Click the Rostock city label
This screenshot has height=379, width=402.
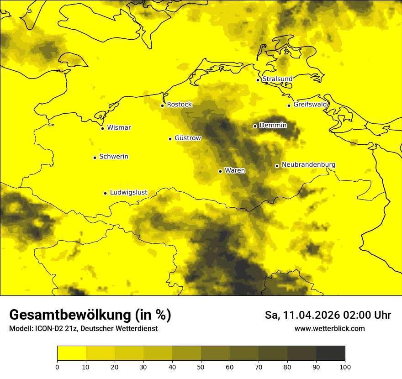(x=179, y=105)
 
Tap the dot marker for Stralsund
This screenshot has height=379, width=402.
(x=258, y=80)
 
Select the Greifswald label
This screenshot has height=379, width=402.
(x=310, y=105)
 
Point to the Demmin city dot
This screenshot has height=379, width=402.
(x=255, y=126)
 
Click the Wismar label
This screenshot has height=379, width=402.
(x=119, y=128)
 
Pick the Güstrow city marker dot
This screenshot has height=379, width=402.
(x=170, y=139)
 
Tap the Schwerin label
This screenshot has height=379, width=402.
(x=114, y=157)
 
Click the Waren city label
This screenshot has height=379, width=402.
(x=235, y=171)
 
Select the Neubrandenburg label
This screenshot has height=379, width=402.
(x=308, y=165)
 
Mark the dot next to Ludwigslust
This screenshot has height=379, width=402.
(x=105, y=193)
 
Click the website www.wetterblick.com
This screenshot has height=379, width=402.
(x=329, y=329)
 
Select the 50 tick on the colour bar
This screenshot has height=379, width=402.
(x=201, y=367)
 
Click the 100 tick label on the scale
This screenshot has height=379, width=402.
(x=345, y=367)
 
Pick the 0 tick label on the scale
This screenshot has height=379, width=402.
(x=57, y=367)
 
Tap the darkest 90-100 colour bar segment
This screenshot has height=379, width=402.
(x=330, y=353)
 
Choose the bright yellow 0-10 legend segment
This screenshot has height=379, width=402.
(x=71, y=353)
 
